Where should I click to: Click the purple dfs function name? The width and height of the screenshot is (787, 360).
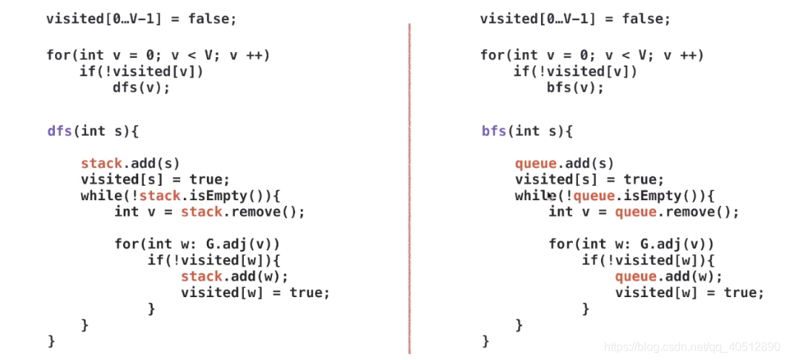(59, 131)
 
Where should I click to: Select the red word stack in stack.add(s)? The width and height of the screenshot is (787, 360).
(101, 163)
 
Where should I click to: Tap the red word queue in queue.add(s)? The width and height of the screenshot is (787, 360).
(535, 163)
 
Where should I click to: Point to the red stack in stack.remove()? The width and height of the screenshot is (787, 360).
(201, 212)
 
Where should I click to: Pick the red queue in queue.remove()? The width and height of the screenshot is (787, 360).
(636, 212)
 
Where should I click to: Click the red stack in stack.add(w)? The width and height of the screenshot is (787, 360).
(201, 276)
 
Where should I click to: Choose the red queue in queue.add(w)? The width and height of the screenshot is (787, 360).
(636, 276)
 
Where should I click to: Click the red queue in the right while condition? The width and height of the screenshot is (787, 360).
(594, 196)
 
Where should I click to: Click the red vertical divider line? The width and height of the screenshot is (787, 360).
(409, 188)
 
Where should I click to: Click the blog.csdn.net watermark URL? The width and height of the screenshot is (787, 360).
(692, 347)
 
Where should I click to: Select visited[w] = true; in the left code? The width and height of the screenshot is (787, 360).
(255, 292)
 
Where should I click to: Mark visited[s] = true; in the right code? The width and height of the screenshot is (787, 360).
(589, 179)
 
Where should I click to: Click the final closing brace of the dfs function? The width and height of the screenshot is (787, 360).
(51, 340)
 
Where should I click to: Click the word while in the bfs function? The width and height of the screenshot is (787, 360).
(532, 196)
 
